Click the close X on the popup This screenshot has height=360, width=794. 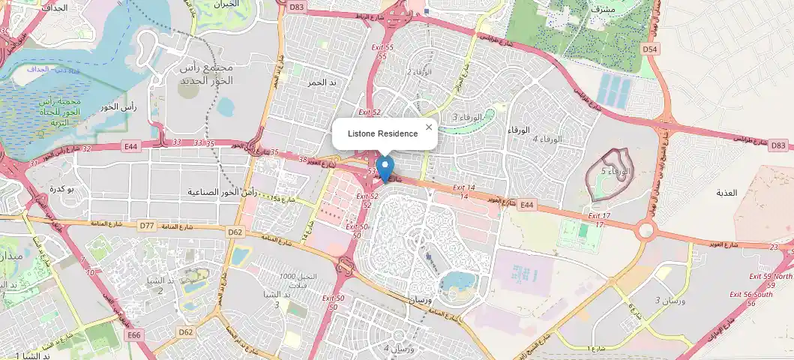point(429,127)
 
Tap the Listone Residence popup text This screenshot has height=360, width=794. point(382,133)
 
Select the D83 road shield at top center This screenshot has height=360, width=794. point(297,7)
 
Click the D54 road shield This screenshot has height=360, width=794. point(650,49)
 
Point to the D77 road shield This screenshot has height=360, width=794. point(146,225)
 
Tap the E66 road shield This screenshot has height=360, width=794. point(135,334)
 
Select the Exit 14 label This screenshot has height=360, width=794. point(464,187)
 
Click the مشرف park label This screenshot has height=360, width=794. point(604,9)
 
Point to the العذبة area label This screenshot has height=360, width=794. point(727,193)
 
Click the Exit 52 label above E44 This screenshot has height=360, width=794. point(370,112)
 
